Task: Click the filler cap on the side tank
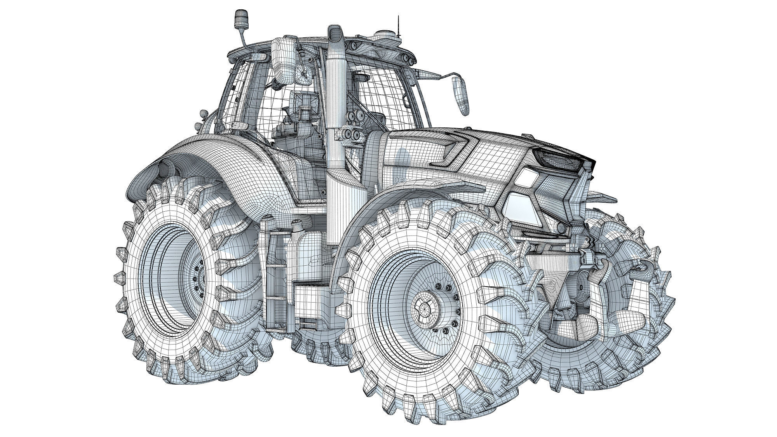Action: click(x=298, y=224)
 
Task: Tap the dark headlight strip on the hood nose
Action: click(x=559, y=159)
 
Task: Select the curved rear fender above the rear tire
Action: click(x=218, y=159)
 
